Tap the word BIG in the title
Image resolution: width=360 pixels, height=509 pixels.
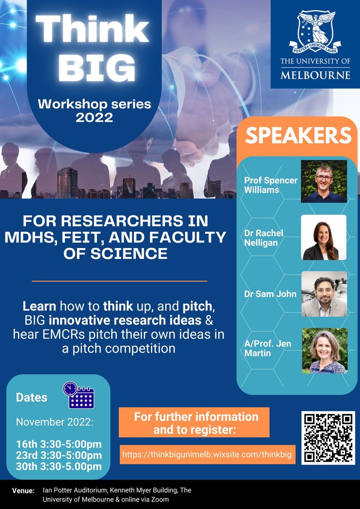94,67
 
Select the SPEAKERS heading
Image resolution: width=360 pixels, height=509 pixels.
299,135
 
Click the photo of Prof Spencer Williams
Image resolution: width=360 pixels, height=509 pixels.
324,181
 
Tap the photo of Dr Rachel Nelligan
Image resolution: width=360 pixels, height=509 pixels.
324,237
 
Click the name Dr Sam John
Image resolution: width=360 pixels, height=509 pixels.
270,294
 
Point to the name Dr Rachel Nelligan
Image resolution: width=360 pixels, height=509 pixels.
264,238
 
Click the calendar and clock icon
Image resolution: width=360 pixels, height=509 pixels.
79,395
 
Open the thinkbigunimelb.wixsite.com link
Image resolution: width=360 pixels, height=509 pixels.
207,455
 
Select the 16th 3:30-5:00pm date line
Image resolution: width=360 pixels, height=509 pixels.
59,444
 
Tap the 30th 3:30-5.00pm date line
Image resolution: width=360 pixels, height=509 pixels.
59,467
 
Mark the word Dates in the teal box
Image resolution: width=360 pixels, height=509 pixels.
31,398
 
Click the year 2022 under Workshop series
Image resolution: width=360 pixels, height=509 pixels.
94,117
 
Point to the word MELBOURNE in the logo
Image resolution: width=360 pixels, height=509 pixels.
315,75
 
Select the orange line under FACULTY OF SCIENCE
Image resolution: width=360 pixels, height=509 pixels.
119,281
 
